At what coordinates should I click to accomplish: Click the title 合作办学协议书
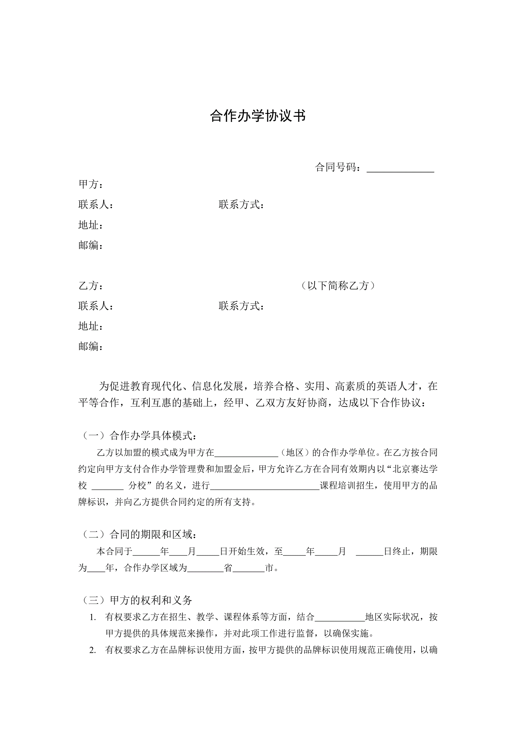(258, 116)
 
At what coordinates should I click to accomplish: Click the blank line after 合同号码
(400, 168)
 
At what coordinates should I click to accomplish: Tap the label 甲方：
(90, 184)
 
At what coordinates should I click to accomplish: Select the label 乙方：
(90, 286)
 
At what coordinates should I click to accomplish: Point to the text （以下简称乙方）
(338, 286)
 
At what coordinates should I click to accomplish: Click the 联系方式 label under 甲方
(241, 205)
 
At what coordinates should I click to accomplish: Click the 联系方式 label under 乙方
(241, 306)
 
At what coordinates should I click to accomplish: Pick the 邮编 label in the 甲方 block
(90, 245)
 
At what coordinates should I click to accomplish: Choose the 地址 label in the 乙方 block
(90, 326)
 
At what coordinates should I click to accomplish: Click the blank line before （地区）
(246, 453)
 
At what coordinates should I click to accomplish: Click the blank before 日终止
(369, 552)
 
